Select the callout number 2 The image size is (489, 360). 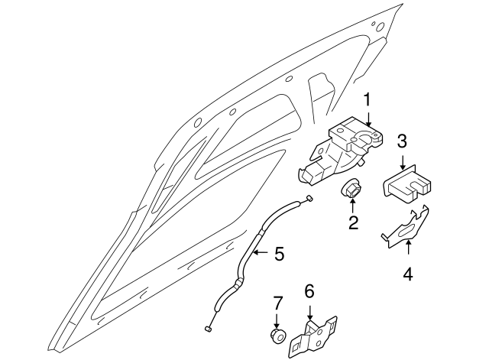(353, 223)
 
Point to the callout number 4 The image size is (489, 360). (408, 273)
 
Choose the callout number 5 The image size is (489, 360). (279, 253)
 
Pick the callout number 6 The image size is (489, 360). (309, 291)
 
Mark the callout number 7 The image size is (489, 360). (277, 303)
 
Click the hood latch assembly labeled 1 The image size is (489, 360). (336, 153)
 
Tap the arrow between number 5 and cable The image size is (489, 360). (262, 253)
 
